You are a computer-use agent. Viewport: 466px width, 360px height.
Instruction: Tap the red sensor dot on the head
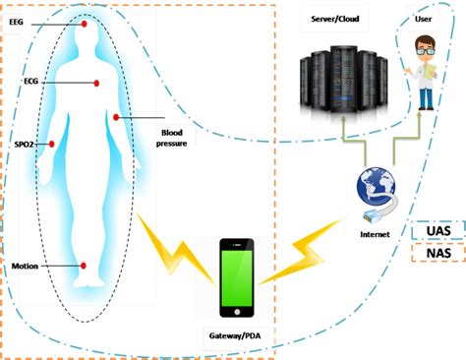(85, 24)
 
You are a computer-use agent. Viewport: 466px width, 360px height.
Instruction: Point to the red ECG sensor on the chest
(96, 83)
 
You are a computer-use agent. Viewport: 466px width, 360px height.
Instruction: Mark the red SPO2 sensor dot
(52, 143)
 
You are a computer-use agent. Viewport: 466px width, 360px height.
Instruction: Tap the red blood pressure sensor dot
(117, 118)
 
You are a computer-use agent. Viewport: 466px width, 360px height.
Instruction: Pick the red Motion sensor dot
(85, 267)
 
